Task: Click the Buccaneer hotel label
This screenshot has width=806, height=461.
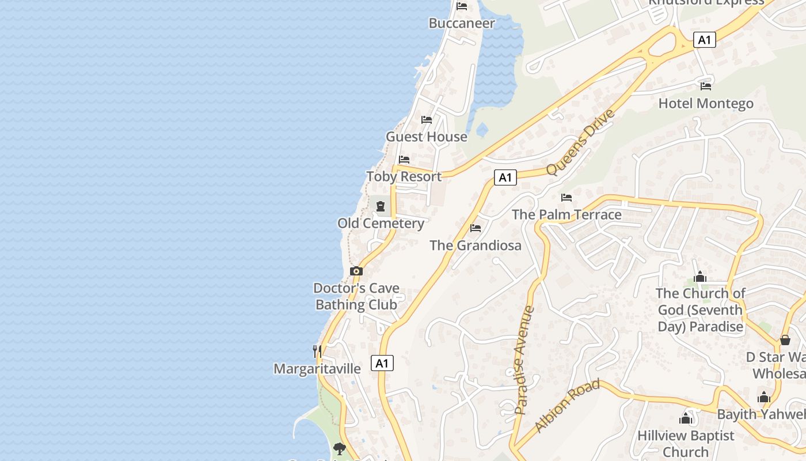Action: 462,23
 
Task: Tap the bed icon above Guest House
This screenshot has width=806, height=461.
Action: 427,120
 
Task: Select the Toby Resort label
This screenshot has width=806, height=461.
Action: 404,176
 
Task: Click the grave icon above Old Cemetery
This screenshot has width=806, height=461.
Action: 380,206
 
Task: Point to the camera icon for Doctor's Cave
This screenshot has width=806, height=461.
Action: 356,271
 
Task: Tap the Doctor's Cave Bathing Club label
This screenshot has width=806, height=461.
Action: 356,296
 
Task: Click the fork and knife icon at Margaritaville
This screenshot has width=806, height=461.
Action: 317,351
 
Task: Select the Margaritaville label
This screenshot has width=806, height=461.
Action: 317,369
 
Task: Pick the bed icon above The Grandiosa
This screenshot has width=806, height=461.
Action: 476,228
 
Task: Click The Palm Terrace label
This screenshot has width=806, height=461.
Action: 567,215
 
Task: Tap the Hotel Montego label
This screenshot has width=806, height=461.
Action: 706,104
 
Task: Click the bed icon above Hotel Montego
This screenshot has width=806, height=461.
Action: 706,86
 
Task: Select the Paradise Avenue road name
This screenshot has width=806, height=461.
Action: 524,360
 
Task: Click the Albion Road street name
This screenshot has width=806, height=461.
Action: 567,406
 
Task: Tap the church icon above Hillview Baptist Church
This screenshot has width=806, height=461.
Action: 686,418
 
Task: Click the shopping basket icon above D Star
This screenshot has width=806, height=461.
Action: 785,340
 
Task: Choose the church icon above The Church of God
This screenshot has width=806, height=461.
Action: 700,277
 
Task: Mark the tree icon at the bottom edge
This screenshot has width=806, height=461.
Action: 340,448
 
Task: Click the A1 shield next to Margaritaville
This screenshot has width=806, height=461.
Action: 383,363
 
